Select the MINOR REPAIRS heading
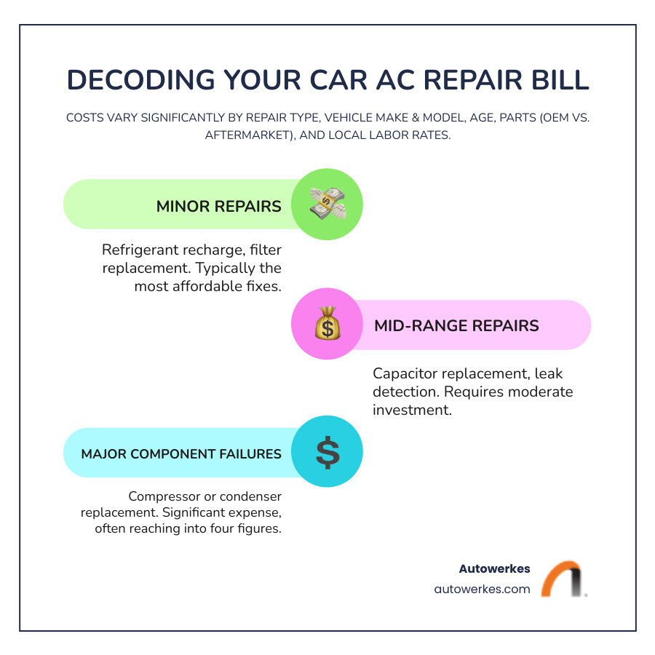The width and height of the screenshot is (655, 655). pos(218,206)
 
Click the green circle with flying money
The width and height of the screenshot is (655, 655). pos(327,205)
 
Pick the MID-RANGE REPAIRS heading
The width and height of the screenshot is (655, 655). pos(456,325)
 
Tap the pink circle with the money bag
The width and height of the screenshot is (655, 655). pos(327,325)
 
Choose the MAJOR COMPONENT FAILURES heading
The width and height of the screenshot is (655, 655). pos(181,453)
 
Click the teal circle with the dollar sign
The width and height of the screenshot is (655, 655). pos(327,452)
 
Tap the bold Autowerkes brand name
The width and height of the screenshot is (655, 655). pos(494,569)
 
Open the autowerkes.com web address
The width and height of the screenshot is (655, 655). pos(483,589)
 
